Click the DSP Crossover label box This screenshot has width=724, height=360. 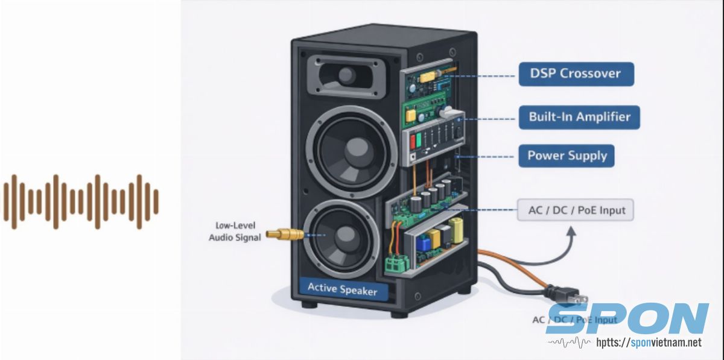576,74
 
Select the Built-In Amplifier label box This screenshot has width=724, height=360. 579,116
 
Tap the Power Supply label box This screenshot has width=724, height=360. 567,156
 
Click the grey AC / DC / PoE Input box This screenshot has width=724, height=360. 576,211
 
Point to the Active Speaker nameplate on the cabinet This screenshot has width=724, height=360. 342,289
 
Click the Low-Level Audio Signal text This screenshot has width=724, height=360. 235,232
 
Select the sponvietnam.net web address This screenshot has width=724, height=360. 649,343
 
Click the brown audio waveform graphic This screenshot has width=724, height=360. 81,202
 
